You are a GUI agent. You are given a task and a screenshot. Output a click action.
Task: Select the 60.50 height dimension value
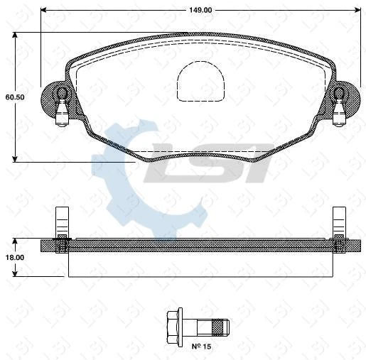tap(15, 97)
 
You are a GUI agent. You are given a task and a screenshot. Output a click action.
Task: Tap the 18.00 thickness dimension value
tap(15, 258)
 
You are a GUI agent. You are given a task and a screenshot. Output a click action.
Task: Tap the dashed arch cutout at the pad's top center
tap(200, 80)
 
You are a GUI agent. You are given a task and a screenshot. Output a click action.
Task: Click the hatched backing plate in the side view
tap(199, 245)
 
